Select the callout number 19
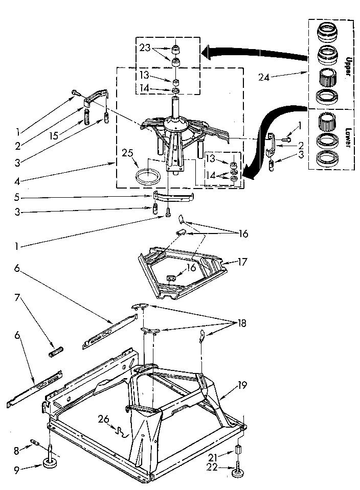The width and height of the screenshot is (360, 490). pos(241,385)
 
